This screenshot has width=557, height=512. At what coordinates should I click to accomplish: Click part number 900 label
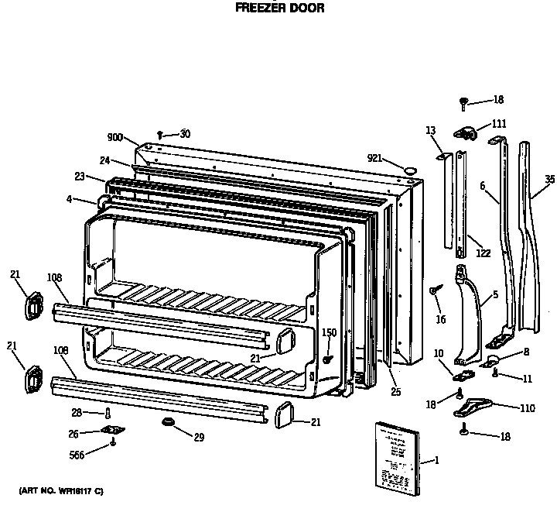point(115,137)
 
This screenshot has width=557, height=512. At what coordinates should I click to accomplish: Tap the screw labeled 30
point(161,135)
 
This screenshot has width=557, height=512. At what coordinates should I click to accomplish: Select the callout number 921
point(375,158)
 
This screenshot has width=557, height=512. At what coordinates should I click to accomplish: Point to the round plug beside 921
point(411,167)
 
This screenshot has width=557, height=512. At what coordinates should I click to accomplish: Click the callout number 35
point(549,180)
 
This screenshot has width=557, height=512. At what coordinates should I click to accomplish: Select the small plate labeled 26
point(113,431)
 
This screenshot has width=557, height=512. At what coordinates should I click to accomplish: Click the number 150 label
point(330,332)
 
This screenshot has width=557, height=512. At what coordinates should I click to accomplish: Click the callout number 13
point(430,130)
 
